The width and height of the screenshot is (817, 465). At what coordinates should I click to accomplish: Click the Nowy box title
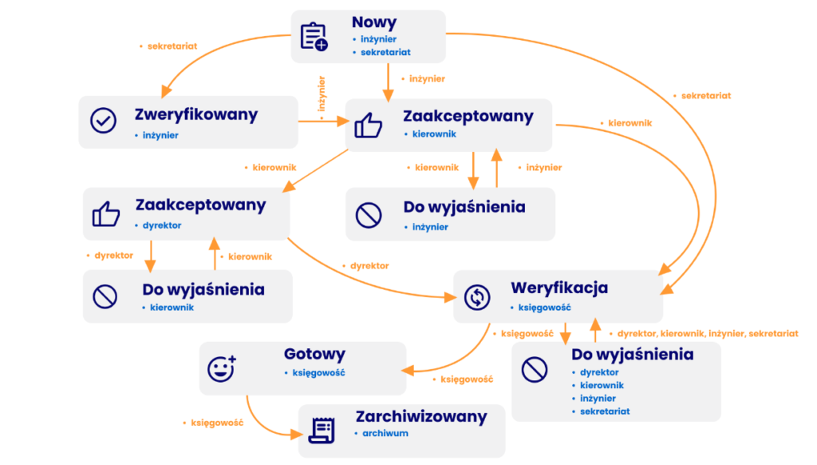373,22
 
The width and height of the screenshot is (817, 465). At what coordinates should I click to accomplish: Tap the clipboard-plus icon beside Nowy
314,37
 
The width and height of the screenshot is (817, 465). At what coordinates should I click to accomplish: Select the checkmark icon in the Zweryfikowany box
103,121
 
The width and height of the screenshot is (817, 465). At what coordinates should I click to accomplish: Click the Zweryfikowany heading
196,114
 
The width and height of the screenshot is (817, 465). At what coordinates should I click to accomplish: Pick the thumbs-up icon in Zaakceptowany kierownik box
368,125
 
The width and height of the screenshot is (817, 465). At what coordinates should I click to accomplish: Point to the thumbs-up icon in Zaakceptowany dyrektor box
105,214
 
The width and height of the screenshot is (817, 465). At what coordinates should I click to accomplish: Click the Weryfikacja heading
559,287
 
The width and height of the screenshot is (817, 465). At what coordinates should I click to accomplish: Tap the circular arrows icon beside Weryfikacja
476,297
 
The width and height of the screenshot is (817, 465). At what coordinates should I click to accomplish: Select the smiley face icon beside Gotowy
221,368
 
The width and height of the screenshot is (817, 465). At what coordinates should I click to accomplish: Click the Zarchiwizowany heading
421,416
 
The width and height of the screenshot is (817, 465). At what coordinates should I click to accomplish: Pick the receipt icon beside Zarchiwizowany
320,431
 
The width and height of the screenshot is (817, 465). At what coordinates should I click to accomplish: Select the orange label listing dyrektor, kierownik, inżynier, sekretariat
707,332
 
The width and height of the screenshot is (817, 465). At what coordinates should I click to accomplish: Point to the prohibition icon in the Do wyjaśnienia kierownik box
105,297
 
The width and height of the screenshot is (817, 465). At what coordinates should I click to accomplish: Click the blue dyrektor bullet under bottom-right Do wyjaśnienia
599,372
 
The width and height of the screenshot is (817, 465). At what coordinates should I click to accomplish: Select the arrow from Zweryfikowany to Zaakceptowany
322,121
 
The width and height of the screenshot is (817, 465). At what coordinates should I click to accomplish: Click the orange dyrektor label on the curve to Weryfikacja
369,265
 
